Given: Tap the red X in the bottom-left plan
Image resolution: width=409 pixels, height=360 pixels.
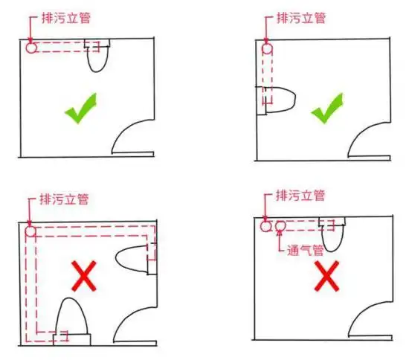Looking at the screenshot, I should point(84,276).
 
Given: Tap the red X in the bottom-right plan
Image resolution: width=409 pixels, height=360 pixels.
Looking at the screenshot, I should point(326,277).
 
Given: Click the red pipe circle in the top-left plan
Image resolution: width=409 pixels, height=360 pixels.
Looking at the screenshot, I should point(30,47).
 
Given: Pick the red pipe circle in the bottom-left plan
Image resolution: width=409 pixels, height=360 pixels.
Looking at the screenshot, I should point(30,231).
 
